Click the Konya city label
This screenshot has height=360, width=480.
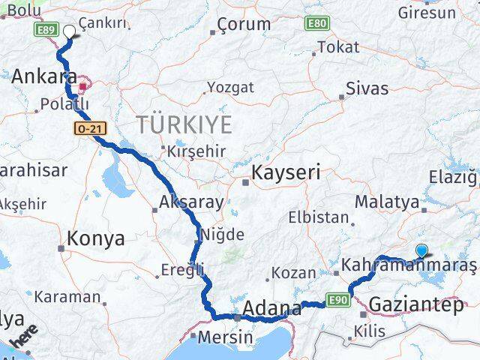(95, 239)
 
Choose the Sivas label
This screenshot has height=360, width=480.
(367, 88)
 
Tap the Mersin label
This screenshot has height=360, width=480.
(226, 337)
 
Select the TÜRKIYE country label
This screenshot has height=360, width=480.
(183, 124)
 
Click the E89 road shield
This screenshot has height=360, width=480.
(44, 28)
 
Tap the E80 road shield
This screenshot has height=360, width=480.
(316, 24)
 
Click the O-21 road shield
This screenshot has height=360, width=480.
(88, 129)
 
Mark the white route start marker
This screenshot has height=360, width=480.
(70, 31)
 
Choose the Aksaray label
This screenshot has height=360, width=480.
(191, 202)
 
